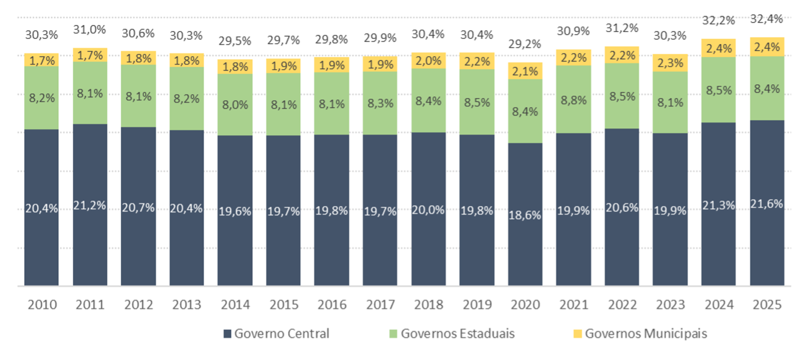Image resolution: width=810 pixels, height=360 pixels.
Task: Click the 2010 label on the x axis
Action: pyautogui.click(x=41, y=305)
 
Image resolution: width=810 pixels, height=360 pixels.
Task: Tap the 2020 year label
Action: pyautogui.click(x=525, y=305)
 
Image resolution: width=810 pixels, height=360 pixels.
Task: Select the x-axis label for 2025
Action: pyautogui.click(x=767, y=305)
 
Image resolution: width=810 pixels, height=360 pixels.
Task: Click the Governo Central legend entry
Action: pyautogui.click(x=276, y=334)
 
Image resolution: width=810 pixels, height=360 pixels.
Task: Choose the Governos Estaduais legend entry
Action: pyautogui.click(x=451, y=334)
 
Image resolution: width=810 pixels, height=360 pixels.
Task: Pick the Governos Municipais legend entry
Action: pyautogui.click(x=640, y=334)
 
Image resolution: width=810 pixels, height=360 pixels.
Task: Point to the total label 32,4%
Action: pyautogui.click(x=767, y=19)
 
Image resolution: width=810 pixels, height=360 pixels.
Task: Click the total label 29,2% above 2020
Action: pyautogui.click(x=525, y=44)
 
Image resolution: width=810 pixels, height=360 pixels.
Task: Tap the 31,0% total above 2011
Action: pyautogui.click(x=90, y=29)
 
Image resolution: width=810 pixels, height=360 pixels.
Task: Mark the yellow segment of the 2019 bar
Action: pyautogui.click(x=477, y=60)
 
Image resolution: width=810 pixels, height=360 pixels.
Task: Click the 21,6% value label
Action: pyautogui.click(x=767, y=204)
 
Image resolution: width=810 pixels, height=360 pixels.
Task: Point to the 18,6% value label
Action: pyautogui.click(x=525, y=215)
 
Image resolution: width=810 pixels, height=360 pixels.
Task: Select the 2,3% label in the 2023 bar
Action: pyautogui.click(x=670, y=63)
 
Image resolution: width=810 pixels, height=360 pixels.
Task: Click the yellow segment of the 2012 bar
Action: pyautogui.click(x=138, y=57)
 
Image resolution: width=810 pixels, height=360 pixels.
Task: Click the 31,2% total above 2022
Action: pyautogui.click(x=622, y=28)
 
